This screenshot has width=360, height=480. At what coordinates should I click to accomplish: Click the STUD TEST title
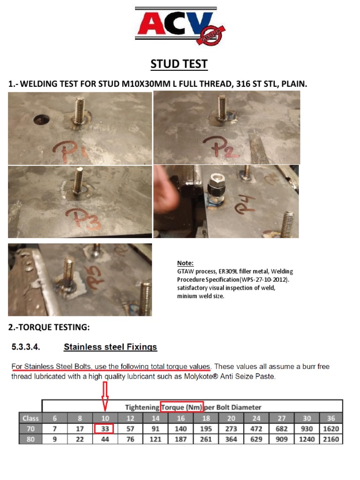[x=179, y=64]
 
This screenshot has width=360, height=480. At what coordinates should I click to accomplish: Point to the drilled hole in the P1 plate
[x=41, y=120]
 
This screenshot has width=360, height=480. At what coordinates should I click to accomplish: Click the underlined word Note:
[x=185, y=263]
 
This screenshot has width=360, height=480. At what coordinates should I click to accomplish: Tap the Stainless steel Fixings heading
[x=110, y=347]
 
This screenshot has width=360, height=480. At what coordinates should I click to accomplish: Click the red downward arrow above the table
[x=105, y=395]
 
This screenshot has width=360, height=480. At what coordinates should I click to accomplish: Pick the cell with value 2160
[x=331, y=439]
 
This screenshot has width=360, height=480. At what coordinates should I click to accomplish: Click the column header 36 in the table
[x=331, y=418]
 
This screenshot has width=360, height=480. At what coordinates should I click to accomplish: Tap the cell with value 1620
[x=331, y=429]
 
